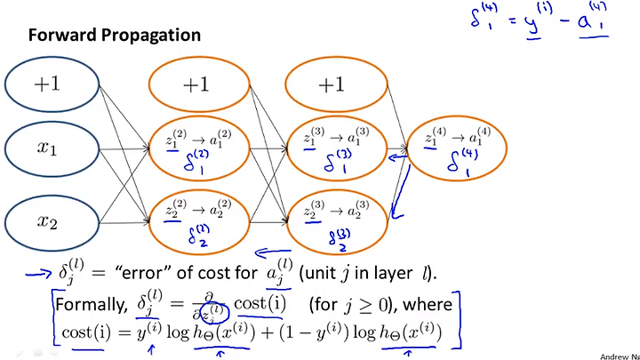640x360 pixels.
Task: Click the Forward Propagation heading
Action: tap(115, 36)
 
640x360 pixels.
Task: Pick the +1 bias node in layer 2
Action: tap(202, 85)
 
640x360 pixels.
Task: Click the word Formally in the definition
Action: tap(88, 306)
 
